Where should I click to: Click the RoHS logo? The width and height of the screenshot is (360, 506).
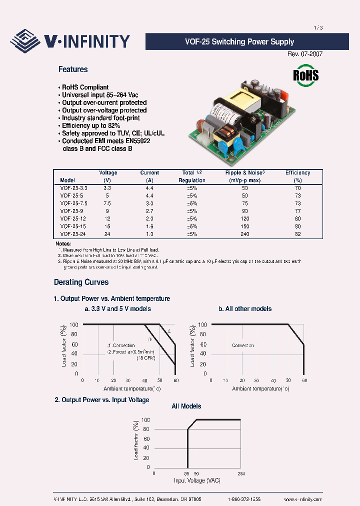pos(305,75)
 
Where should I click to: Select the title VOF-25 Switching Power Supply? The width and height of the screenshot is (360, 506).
pos(246,42)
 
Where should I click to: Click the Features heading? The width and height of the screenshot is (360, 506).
pos(73,69)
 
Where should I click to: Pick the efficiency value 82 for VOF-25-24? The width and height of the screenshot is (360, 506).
pos(298,234)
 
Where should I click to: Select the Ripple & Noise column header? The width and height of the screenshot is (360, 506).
pos(244,173)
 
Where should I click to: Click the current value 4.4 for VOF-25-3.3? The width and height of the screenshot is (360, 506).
pos(149,188)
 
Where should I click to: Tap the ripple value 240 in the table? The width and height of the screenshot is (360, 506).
pos(244,234)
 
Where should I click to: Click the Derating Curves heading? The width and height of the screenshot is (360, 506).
pos(81,282)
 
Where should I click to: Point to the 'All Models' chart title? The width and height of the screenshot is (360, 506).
pos(186,406)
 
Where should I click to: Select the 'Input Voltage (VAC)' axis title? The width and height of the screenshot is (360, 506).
pos(197,480)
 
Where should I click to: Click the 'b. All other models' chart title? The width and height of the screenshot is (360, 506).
pos(245,309)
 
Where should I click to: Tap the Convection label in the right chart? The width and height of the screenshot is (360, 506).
pos(242,345)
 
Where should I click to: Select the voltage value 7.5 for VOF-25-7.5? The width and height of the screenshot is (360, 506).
pos(107,203)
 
